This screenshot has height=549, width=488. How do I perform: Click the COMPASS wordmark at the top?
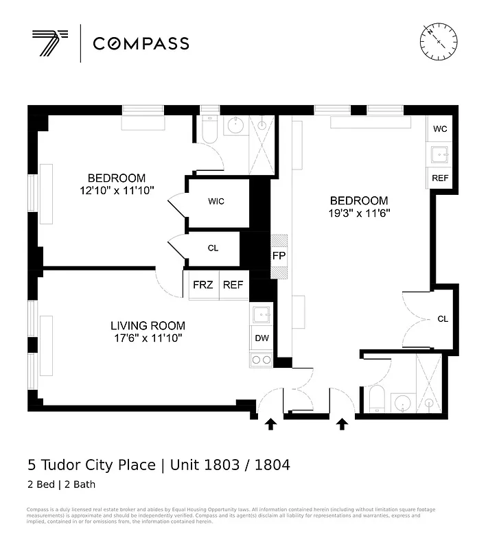141,44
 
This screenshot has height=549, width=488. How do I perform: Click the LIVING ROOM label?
148,325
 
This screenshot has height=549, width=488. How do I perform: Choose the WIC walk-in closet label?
216,202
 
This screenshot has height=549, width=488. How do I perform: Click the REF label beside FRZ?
233,285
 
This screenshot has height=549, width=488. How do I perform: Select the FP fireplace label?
279,256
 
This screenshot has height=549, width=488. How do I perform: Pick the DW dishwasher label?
262,338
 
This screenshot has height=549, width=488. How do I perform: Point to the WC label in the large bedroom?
440,129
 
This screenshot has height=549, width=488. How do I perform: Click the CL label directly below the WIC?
213,248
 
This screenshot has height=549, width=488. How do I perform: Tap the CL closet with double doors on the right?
443,319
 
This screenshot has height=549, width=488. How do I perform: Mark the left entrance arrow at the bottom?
270,425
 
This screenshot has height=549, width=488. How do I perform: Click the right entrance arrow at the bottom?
342,425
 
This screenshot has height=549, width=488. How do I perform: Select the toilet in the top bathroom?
210,130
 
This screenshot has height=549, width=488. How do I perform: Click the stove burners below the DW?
262,360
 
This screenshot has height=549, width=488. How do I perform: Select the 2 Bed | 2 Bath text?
61,485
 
